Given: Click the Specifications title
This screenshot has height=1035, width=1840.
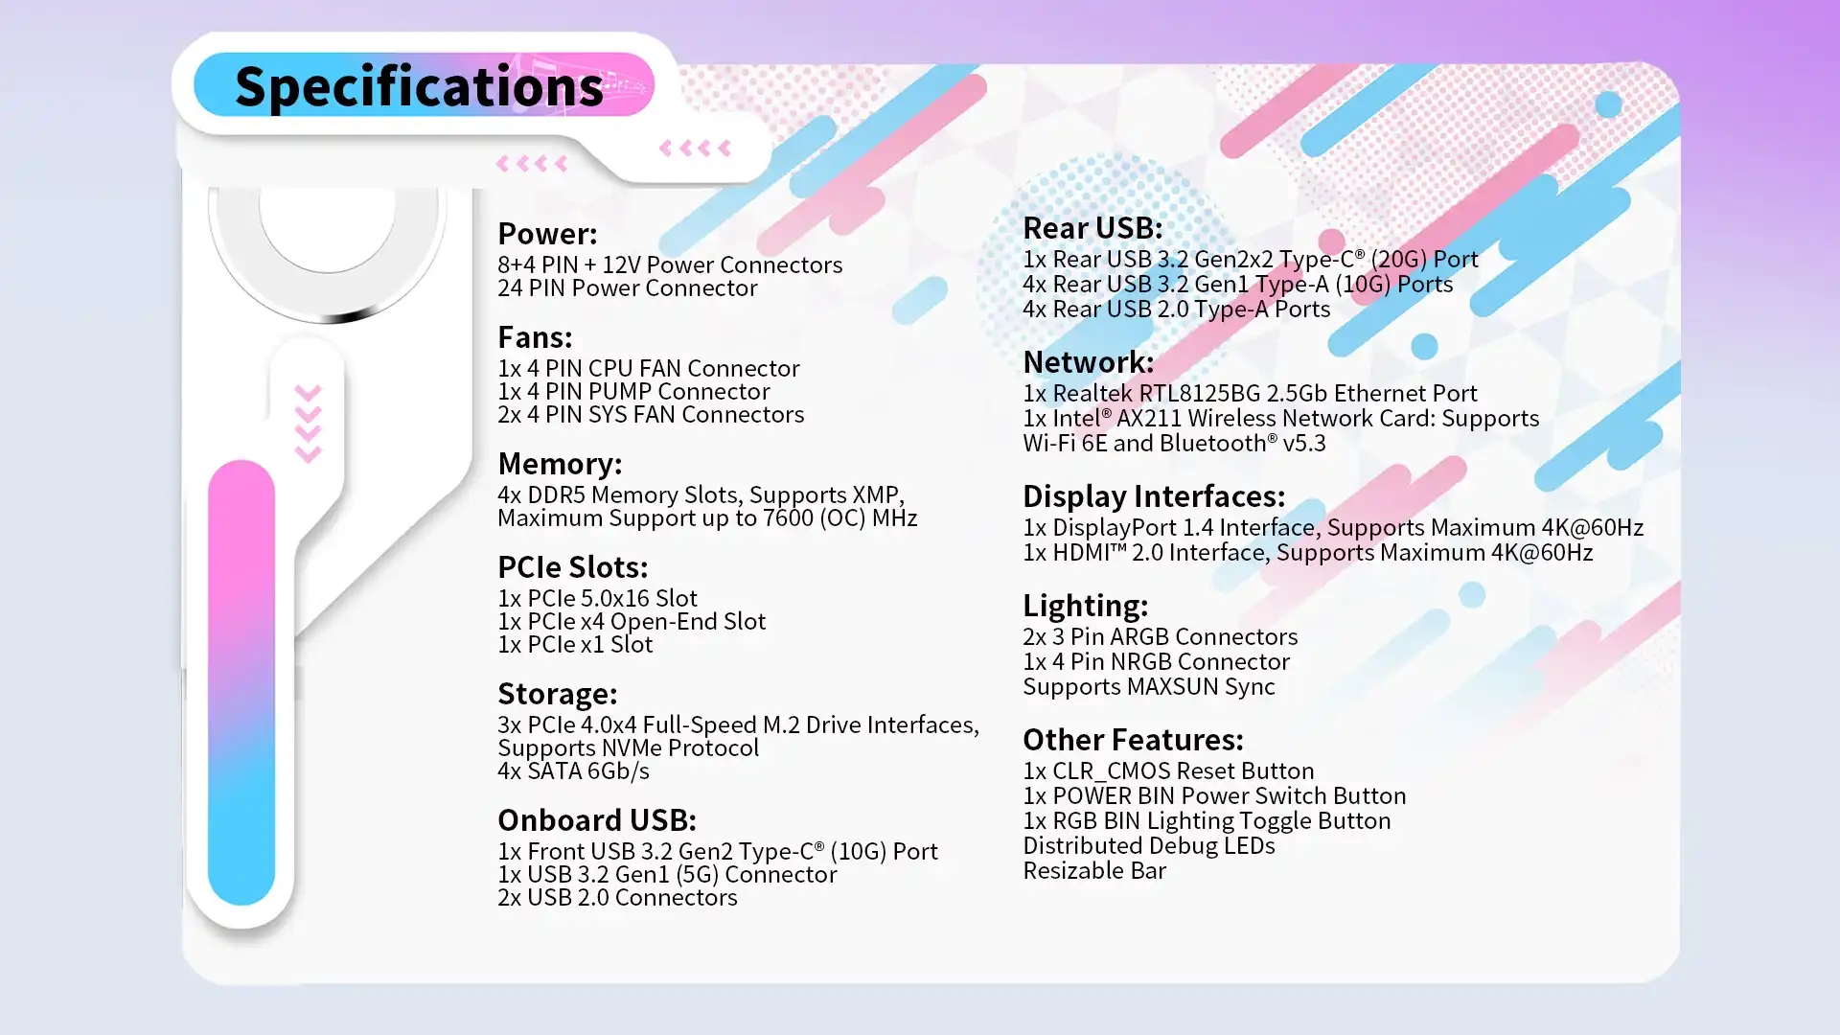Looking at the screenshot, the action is tap(419, 87).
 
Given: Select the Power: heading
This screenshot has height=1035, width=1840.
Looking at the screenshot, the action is tap(547, 233).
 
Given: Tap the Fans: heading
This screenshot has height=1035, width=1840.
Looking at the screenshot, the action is tap(535, 336).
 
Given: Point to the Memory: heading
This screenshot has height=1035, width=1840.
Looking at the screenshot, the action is tap(560, 463).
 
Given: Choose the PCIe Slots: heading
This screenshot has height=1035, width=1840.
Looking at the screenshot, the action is tap(573, 566).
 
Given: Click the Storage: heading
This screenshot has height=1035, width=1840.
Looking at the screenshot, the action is tap(558, 693).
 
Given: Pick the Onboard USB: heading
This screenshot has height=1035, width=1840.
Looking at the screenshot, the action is tap(597, 819).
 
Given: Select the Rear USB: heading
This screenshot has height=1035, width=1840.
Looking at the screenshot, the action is tap(1092, 227).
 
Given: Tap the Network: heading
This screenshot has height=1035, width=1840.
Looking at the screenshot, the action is tap(1089, 361).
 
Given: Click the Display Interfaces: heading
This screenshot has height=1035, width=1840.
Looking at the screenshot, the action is tap(1154, 495).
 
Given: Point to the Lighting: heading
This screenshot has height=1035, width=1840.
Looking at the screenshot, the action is tap(1085, 605).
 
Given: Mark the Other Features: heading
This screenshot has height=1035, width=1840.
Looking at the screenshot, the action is tap(1133, 739).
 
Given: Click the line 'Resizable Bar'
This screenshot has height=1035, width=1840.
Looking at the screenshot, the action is tap(1094, 870).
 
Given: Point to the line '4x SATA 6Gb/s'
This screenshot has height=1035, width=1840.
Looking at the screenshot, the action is tap(573, 770).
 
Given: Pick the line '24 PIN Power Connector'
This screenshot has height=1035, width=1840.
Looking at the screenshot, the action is tap(628, 287).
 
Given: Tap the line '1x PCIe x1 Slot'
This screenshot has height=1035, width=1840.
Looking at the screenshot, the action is tap(575, 644).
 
